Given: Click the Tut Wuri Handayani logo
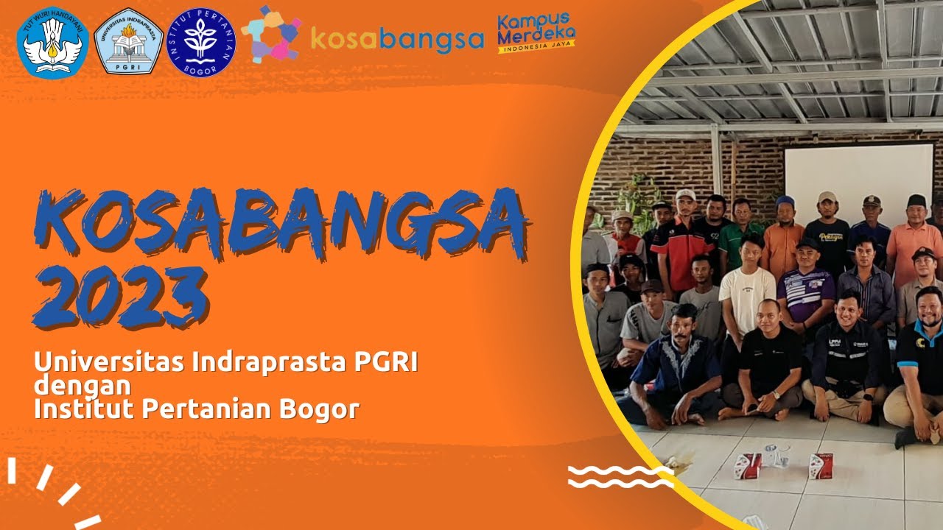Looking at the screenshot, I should pos(52,43).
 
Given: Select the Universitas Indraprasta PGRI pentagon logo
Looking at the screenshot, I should pos(129,42).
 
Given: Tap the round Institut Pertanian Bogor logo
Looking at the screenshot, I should pos(201,42).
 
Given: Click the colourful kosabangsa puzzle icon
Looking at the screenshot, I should pos(270,35).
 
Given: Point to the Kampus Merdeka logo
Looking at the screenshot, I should pos(536,32).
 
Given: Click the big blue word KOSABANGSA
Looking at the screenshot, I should pos(280,223).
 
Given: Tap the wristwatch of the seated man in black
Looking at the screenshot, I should pos(776,395).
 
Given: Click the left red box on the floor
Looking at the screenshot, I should pos(749,465).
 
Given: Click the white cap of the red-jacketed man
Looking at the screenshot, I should pos(686,195).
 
